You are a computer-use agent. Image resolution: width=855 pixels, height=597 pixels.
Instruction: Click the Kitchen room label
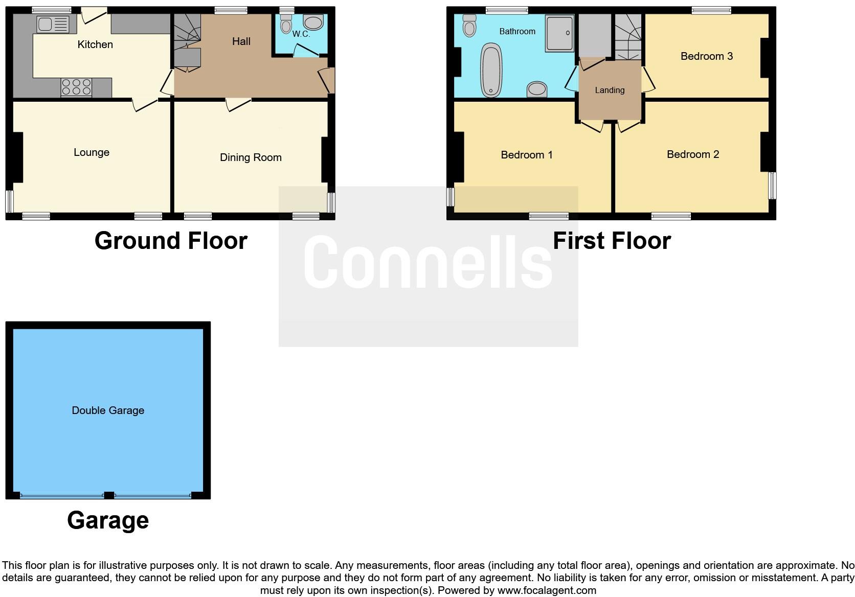click(95, 44)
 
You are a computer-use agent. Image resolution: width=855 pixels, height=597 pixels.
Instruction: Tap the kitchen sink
click(53, 25)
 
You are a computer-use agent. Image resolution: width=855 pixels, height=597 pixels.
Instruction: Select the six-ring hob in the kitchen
click(76, 87)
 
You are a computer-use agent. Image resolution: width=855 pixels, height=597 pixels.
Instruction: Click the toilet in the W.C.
click(286, 25)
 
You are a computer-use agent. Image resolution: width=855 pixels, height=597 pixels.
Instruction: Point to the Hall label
click(241, 41)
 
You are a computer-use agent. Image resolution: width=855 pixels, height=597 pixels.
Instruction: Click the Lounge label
click(92, 152)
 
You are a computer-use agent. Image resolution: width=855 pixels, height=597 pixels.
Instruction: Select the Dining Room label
click(251, 157)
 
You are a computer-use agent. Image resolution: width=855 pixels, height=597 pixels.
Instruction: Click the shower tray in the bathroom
click(559, 33)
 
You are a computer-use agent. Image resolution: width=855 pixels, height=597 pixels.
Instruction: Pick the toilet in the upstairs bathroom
click(469, 26)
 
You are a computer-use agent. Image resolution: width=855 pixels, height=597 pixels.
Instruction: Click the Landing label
click(610, 90)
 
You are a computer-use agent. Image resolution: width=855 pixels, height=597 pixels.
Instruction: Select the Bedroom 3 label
click(706, 56)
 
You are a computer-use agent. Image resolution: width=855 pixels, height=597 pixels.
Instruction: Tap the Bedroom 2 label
click(693, 154)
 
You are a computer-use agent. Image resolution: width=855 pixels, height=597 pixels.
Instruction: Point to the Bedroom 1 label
click(526, 155)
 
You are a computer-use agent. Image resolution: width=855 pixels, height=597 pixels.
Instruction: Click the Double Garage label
click(108, 410)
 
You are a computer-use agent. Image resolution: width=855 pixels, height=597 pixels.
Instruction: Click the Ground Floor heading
click(171, 241)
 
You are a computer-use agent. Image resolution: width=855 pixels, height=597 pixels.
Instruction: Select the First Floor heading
click(612, 241)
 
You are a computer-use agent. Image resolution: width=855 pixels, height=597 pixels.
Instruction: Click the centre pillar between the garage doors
click(108, 495)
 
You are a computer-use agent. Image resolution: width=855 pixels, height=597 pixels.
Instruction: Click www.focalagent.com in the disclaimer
click(547, 590)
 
